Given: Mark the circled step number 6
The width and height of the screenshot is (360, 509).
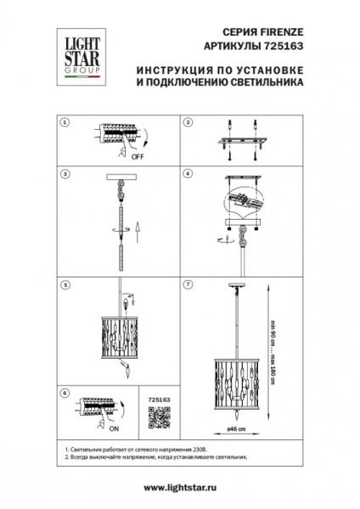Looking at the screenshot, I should pos(64,394).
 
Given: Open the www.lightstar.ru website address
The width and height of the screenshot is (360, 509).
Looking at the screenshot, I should pos(180,487).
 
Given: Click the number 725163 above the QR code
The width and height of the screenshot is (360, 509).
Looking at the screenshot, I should pos(159,397).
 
